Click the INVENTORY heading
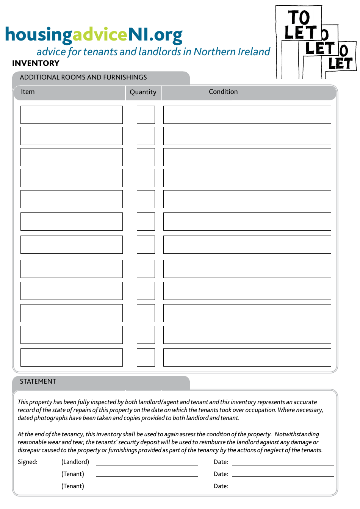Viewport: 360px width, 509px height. (x=36, y=63)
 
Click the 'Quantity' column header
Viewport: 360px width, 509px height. (x=143, y=92)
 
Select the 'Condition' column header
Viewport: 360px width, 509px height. (x=223, y=92)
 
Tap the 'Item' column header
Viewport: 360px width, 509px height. (x=28, y=92)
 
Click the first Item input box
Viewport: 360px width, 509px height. (x=71, y=115)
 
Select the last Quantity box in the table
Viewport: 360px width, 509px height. (x=146, y=357)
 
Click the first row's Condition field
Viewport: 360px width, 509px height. (x=247, y=115)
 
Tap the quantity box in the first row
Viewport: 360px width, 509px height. (x=146, y=115)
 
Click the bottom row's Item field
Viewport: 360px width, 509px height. (x=71, y=357)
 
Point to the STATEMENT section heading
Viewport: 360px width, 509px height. (x=38, y=381)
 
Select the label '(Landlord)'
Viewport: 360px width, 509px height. (x=75, y=462)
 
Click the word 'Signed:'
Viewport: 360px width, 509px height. (x=27, y=462)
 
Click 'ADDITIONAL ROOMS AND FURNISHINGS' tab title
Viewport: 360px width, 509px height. (x=83, y=77)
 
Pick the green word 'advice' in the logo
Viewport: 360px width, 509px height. (x=100, y=34)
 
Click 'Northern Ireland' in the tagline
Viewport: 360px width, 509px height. (x=232, y=52)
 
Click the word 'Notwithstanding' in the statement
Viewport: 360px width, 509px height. (x=297, y=434)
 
